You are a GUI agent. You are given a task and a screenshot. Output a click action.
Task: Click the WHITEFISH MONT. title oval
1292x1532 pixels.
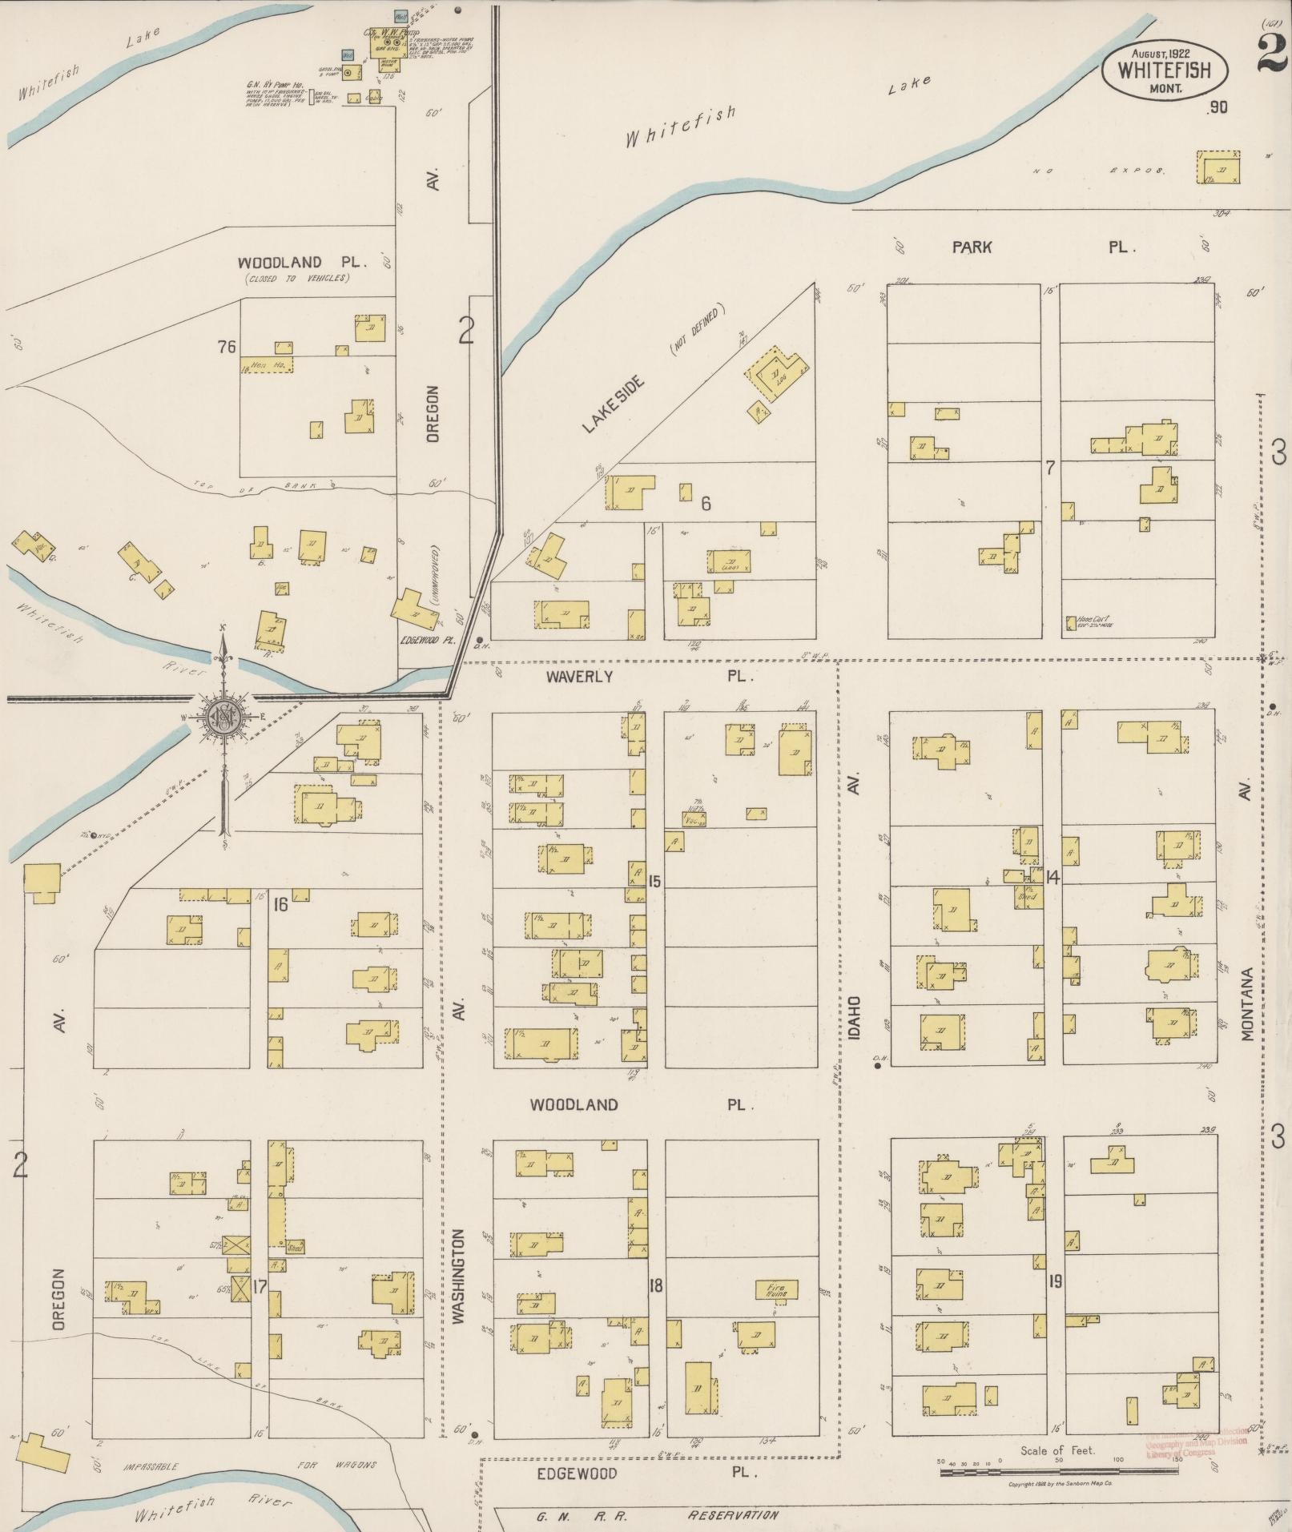click(1165, 69)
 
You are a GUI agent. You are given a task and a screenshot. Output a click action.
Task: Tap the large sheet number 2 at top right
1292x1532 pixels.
click(1271, 54)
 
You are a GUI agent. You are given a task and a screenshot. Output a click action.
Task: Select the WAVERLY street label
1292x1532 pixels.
click(579, 677)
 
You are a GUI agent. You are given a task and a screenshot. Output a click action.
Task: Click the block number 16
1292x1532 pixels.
click(280, 905)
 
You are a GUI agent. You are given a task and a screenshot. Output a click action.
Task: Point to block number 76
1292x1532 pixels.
click(227, 346)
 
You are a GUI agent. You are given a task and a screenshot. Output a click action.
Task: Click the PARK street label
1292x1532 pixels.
click(972, 247)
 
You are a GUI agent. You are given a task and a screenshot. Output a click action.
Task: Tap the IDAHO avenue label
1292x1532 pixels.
click(855, 1018)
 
